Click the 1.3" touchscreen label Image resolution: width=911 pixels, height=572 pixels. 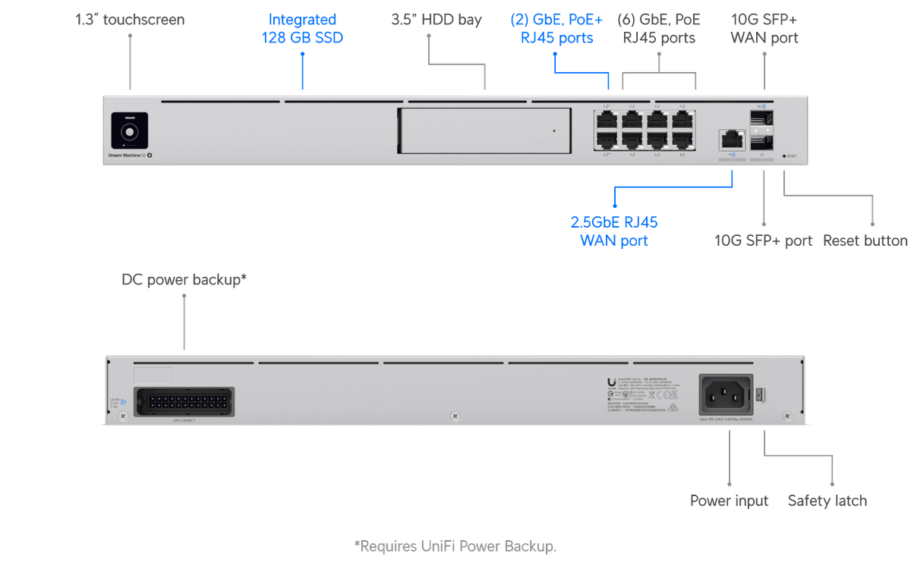click(x=130, y=20)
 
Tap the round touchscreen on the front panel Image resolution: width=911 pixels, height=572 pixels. click(x=130, y=131)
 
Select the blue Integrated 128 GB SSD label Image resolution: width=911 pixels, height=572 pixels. click(x=303, y=29)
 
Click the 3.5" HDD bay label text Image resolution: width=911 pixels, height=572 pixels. click(x=435, y=20)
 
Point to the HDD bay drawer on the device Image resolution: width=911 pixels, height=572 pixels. click(x=483, y=130)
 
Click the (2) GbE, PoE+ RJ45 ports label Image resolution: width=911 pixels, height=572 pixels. click(x=562, y=29)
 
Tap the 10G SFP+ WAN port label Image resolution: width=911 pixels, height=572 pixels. click(x=764, y=29)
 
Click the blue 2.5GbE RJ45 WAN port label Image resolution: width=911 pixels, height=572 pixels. click(x=613, y=231)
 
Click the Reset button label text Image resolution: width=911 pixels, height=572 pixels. click(x=865, y=240)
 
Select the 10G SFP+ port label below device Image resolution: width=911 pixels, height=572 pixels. click(x=763, y=240)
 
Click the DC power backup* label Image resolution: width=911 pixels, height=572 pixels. click(x=184, y=280)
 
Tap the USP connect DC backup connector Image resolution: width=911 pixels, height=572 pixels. click(x=184, y=401)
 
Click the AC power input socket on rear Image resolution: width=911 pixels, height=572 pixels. click(x=724, y=394)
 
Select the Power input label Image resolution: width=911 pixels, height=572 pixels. click(x=729, y=501)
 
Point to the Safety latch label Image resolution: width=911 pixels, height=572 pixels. click(x=827, y=501)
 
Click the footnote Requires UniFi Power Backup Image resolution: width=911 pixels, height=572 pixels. click(x=455, y=545)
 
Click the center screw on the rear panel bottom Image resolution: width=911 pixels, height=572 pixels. click(x=454, y=416)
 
